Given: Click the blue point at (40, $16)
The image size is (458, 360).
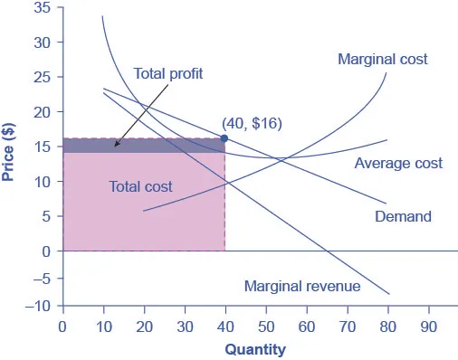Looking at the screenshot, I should pos(224,138).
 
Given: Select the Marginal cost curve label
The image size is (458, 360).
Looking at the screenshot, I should pos(382,60).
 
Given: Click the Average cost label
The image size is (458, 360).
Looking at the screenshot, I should pos(398,164).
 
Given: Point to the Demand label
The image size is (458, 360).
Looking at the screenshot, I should pos(403,217).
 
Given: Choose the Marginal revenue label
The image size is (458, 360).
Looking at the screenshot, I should pos(302,287).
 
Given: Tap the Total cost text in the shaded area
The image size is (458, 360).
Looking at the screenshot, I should pos(140,186).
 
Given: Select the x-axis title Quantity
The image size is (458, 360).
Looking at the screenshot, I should pos(255,349).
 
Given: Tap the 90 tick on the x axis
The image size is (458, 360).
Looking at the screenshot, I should pos(428,325).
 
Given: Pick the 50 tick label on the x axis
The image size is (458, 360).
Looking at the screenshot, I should pos(265,325).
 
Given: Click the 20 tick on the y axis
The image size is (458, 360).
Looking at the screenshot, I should pos(43,112).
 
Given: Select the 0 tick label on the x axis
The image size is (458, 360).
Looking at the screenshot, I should pos(62,325).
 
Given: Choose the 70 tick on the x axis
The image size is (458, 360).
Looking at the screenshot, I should pos(347,325).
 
